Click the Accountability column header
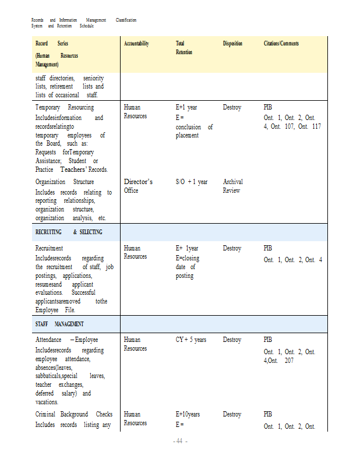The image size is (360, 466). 136,44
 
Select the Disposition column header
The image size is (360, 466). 232,44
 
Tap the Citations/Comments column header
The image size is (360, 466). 281,44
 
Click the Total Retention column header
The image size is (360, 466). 184,48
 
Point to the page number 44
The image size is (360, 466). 179,441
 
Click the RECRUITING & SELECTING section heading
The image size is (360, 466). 69,232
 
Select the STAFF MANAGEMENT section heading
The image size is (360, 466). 59,324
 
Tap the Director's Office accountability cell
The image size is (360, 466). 138,186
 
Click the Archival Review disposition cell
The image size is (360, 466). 233,186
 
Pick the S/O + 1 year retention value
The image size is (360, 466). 192,182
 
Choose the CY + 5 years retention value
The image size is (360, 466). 191,340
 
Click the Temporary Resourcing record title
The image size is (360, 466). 64,107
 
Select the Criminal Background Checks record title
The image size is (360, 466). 73,414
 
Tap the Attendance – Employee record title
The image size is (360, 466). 66,340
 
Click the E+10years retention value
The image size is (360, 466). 188,414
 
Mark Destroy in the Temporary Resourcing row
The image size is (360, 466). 232,107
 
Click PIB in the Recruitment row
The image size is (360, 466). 267,248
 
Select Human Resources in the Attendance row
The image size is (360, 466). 135,344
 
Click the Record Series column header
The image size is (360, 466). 52,44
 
